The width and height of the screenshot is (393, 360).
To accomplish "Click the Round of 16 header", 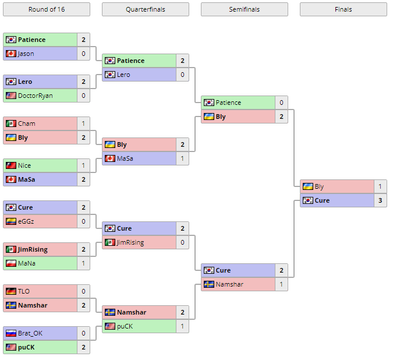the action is (47, 9).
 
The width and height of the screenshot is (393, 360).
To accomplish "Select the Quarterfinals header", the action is (145, 9).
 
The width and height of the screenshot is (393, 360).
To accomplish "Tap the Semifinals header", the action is (244, 9).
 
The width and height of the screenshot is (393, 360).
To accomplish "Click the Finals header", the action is (343, 9).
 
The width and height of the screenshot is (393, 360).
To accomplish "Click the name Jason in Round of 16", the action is (26, 54).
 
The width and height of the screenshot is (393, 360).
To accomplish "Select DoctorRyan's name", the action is (35, 96).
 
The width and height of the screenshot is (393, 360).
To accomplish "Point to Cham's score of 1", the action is (83, 123).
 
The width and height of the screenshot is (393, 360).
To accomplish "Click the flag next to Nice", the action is (10, 165).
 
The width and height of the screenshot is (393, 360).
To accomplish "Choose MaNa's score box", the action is (83, 263).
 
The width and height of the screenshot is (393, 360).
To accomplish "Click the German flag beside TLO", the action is (10, 291).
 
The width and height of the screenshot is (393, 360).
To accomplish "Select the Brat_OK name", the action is (30, 333).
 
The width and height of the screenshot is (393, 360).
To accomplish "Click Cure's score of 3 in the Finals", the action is (380, 200).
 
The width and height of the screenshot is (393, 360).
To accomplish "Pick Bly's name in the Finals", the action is (319, 186).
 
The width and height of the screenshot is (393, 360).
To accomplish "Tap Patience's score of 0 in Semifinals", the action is (281, 103).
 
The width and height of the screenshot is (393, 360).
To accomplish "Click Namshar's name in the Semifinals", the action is (229, 284).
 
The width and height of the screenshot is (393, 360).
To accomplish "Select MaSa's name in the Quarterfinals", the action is (125, 158).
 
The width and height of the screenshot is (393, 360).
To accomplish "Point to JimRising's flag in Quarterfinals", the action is (109, 242).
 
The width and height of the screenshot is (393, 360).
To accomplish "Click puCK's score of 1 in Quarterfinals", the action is (182, 326).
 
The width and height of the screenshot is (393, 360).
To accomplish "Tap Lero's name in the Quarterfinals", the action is (123, 75).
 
